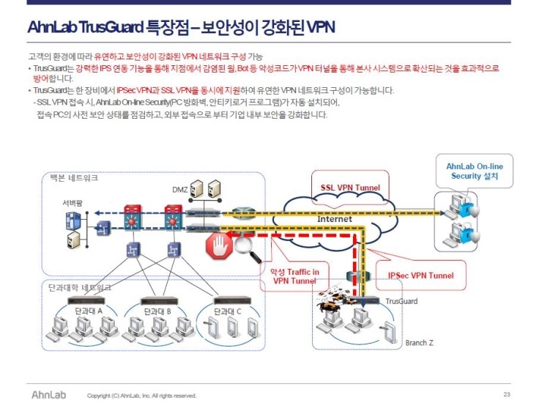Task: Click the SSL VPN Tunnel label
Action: pos(350,188)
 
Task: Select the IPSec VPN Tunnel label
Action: pos(420,276)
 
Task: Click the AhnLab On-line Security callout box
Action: pos(475,171)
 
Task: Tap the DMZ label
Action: pos(180,190)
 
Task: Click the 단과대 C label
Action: pos(227,311)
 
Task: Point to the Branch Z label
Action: pos(420,343)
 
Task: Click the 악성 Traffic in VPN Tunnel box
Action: pos(295,276)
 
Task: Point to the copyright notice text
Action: pos(141,396)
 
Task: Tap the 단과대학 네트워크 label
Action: pos(75,288)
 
